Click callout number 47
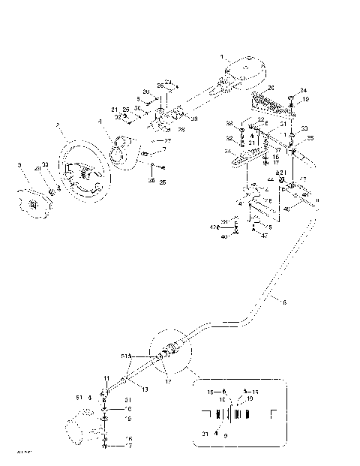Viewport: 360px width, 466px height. (x=264, y=236)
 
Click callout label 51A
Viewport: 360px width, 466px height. (x=125, y=358)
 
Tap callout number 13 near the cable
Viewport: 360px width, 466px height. (x=145, y=389)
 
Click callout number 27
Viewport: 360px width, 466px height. (x=167, y=140)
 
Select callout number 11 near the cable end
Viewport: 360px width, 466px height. (x=107, y=378)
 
